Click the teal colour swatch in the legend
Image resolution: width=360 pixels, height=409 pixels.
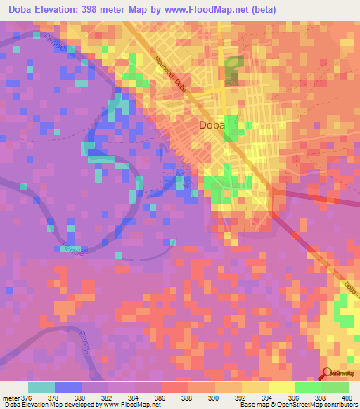pyautogui.click(x=41, y=387)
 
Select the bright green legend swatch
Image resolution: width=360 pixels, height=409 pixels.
pyautogui.click(x=308, y=387)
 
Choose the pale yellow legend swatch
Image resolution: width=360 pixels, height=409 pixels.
pyautogui.click(x=281, y=387)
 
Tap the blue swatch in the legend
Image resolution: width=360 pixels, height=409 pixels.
pyautogui.click(x=68, y=387)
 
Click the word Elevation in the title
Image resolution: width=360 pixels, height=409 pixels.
pyautogui.click(x=67, y=10)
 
